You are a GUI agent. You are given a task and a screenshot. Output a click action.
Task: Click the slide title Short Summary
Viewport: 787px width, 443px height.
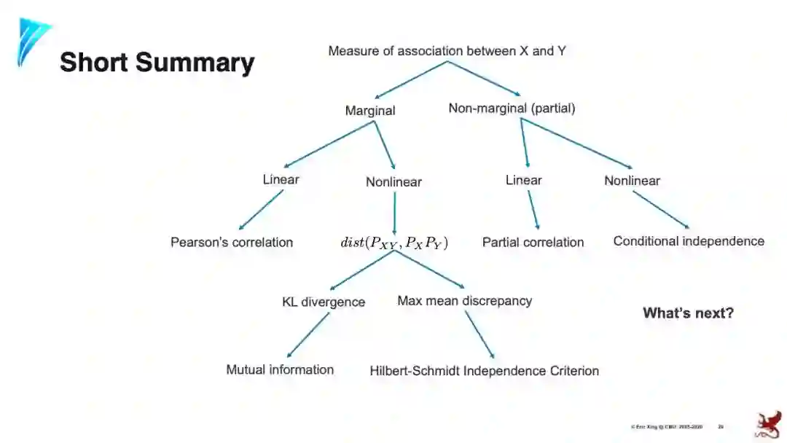pos(157,62)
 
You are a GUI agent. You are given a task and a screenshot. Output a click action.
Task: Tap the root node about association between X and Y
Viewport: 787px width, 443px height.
pos(447,51)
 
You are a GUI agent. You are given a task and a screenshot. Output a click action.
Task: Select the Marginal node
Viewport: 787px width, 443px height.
pos(370,111)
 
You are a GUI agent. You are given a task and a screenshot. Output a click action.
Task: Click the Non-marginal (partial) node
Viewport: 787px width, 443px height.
pos(512,109)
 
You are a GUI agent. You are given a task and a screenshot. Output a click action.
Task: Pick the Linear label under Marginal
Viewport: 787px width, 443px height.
pos(281,179)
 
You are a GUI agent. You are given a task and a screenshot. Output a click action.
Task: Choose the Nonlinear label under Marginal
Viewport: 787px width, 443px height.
pos(393,182)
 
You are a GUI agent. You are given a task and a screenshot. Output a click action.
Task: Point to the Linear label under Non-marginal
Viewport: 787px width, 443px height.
pos(524,180)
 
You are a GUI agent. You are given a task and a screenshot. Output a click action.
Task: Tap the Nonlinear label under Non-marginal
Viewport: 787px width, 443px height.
pos(632,181)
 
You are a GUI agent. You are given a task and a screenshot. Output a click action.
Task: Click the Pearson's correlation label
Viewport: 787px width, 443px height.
pos(232,242)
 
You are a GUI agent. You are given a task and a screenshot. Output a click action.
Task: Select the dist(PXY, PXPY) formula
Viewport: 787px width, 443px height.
pos(394,243)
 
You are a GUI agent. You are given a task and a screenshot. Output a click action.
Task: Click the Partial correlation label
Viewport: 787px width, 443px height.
pos(533,242)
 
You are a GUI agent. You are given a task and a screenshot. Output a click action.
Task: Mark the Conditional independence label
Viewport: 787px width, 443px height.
pos(689,241)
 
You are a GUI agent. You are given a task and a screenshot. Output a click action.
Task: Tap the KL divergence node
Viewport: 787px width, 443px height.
pos(324,302)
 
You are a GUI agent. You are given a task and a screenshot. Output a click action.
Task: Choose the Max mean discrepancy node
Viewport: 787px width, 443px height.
pos(464,300)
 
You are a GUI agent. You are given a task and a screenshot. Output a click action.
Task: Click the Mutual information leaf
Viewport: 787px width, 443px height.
pos(280,369)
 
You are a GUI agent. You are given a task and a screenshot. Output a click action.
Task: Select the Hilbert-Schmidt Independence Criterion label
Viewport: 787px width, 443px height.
pos(484,371)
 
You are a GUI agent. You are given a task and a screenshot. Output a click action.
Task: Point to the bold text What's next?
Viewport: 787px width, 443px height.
pos(688,313)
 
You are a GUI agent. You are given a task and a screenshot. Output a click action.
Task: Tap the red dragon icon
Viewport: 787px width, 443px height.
pos(766,424)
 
